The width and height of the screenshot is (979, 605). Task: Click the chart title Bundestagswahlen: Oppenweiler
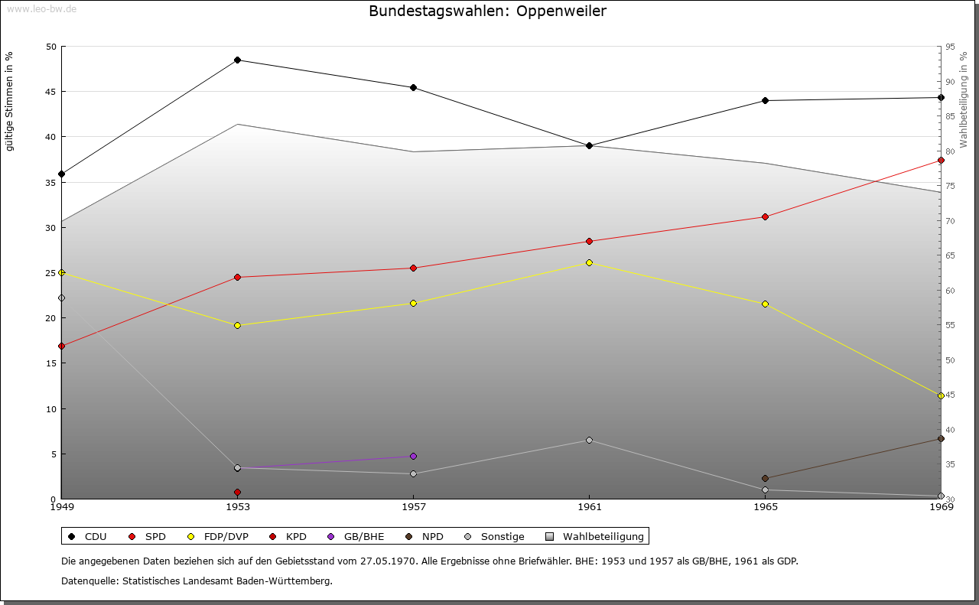click(487, 11)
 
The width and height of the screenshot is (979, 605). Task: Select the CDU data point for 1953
click(237, 60)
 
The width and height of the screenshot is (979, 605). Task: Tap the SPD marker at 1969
click(941, 161)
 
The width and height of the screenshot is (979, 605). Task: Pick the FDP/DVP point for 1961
click(589, 263)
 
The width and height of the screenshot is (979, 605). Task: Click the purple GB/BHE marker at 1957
click(414, 457)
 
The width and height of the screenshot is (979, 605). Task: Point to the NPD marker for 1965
click(765, 479)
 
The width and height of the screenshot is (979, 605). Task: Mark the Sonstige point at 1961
click(589, 441)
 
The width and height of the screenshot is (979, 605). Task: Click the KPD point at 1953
click(237, 493)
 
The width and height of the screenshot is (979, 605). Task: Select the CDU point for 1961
click(589, 146)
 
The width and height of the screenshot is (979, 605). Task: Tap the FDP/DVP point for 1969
click(941, 396)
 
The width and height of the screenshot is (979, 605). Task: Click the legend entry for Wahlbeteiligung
click(603, 537)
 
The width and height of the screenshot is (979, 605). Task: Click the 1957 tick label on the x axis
click(414, 506)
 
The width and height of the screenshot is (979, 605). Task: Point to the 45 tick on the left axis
click(50, 92)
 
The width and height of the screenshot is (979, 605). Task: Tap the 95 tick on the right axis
click(949, 47)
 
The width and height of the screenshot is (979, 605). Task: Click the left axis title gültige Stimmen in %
click(9, 101)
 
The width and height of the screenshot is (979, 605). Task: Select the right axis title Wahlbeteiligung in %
click(964, 100)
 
